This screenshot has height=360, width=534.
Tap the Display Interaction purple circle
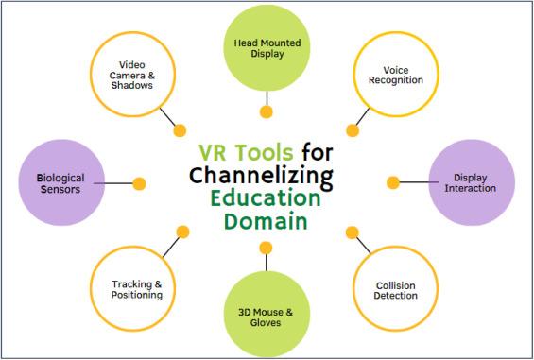[x=471, y=183]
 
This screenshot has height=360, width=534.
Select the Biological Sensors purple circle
[x=60, y=182]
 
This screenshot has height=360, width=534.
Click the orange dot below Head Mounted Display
[x=267, y=112]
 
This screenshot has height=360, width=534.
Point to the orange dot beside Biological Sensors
[x=140, y=182]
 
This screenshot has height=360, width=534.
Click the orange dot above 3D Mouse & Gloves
[x=267, y=249]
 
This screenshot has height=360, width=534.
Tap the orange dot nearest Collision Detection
[x=353, y=231]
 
